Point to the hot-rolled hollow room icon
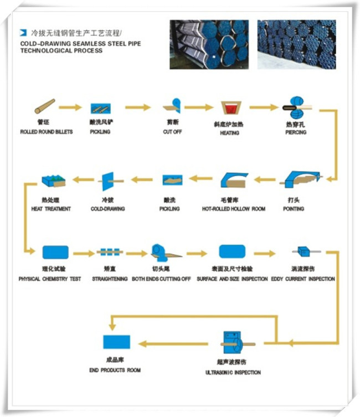pos(233,179)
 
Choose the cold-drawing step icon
pos(107,179)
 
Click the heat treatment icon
pos(53,179)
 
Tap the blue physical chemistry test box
pos(55,253)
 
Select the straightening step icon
pos(110,252)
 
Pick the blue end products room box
pos(116,342)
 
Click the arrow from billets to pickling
pos(70,107)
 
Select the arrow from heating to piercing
pos(264,107)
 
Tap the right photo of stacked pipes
pos(296,44)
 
